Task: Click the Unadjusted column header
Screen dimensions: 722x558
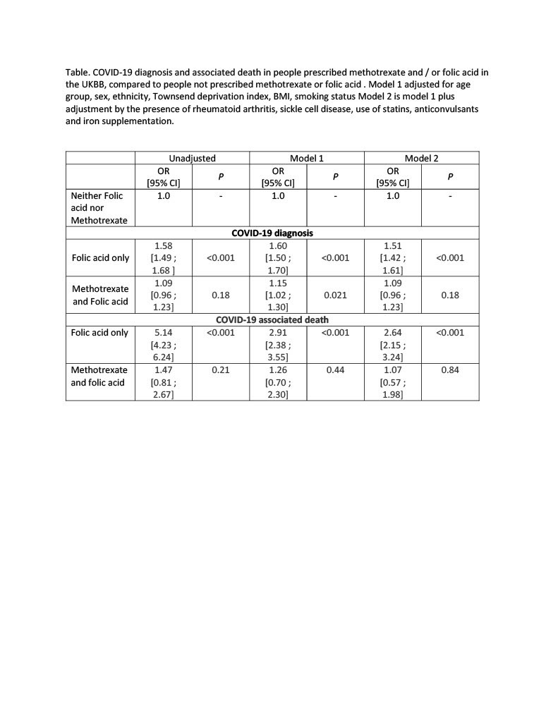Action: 192,159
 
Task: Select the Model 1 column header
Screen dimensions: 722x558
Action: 307,159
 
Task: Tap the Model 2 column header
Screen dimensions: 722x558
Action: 421,159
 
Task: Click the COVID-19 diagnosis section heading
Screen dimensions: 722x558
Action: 272,233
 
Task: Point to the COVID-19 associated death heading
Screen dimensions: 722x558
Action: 272,319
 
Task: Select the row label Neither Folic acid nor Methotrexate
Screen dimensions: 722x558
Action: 100,208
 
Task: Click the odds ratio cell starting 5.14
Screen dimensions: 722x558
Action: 164,345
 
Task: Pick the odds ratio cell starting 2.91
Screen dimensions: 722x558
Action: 278,345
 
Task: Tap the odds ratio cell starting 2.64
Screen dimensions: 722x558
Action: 393,345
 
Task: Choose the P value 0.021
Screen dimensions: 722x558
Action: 335,295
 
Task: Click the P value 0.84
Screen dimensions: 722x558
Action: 450,369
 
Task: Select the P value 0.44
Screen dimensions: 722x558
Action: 335,369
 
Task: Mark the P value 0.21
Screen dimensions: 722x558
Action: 221,369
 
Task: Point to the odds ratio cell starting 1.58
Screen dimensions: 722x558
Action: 164,257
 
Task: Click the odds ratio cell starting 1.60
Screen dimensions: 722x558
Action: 278,257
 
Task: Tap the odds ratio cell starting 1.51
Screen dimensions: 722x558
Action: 393,257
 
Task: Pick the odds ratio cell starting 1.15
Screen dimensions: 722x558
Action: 278,295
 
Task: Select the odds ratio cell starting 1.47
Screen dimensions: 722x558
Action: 164,381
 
